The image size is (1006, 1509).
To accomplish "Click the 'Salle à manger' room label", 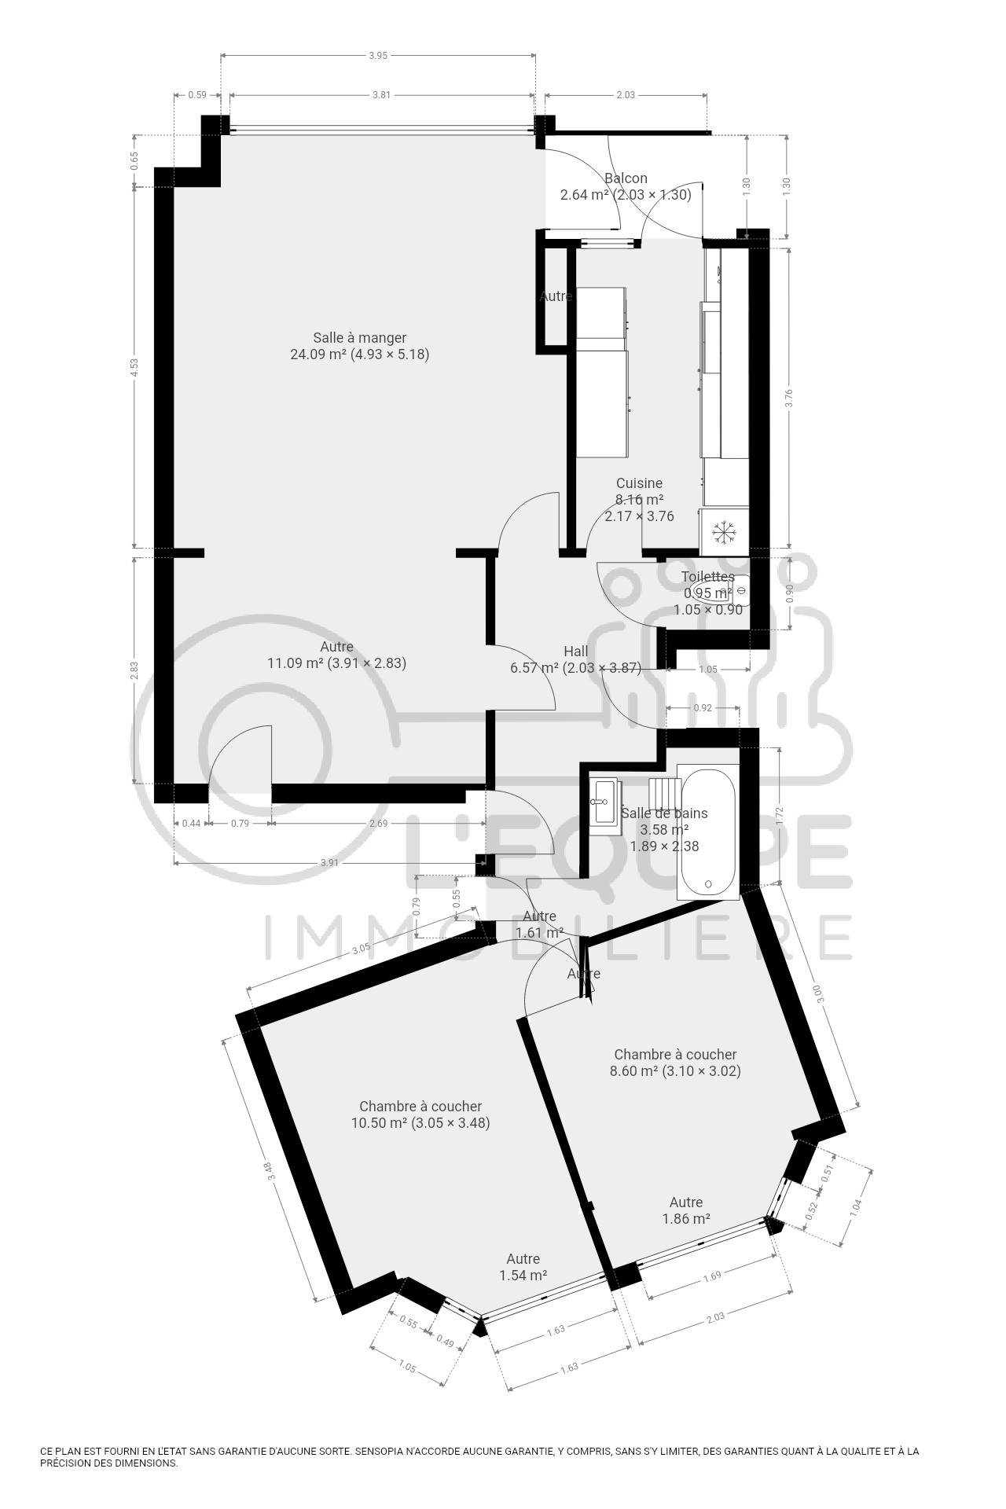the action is [359, 338].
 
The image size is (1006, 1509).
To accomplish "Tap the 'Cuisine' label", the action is [639, 483].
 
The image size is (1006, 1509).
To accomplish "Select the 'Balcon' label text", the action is [626, 178].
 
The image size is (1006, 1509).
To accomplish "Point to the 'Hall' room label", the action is [576, 652].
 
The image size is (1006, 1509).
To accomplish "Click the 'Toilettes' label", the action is [707, 577].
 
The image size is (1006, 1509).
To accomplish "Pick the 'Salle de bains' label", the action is [664, 813].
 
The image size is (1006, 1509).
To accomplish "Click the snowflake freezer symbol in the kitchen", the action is [723, 532].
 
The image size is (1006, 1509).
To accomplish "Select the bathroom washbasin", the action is [605, 801].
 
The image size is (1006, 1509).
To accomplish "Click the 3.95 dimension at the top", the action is [379, 55].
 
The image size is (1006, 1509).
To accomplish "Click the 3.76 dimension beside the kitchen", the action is [789, 398].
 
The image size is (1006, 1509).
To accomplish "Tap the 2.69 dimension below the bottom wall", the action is [378, 824].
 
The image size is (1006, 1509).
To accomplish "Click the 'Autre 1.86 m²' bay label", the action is [686, 1210].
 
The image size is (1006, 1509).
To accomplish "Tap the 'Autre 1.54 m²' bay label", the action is [523, 1267].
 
